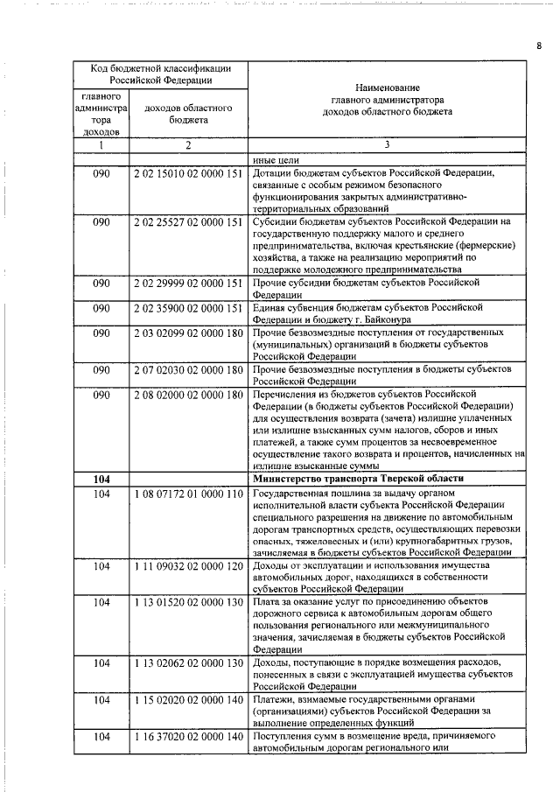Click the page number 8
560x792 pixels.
coord(539,46)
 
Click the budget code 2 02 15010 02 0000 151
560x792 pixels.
coord(188,173)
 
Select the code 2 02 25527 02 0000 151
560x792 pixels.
coord(188,222)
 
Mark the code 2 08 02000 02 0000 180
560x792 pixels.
coord(188,395)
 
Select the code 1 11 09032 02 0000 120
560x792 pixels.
coord(188,566)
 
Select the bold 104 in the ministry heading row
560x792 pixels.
coord(101,479)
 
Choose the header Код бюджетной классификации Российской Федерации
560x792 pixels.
coord(158,74)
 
